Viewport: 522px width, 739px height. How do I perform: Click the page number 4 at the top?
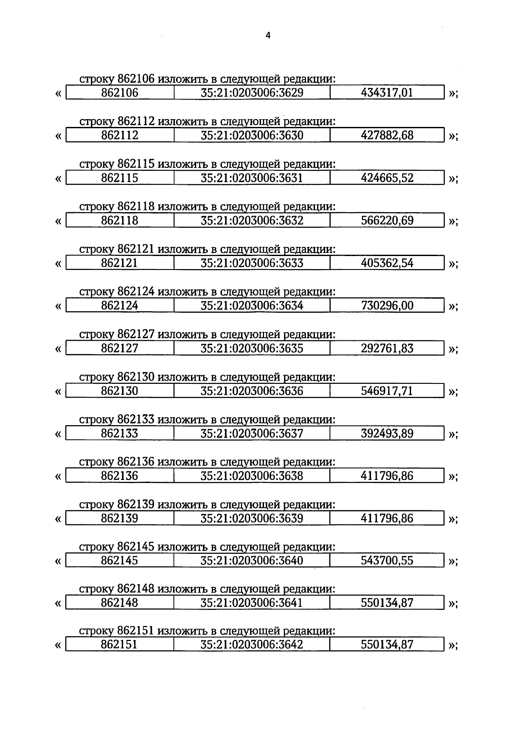[268, 36]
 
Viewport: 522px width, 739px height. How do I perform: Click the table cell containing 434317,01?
[387, 93]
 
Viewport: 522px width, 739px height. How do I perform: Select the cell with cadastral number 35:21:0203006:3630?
[252, 135]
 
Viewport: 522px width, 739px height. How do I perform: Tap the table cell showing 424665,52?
[387, 178]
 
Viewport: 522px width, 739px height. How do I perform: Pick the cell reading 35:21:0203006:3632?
[252, 220]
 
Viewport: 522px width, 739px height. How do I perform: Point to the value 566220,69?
[387, 220]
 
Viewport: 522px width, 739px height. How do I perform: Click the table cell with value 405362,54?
[387, 263]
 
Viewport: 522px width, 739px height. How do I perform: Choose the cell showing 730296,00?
[387, 306]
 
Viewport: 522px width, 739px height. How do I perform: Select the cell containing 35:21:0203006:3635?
[252, 348]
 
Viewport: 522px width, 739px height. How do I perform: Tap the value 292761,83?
[387, 348]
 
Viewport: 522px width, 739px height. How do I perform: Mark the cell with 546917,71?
[387, 391]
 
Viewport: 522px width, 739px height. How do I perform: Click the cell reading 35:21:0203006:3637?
[252, 433]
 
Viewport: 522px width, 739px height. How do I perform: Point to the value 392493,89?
[387, 433]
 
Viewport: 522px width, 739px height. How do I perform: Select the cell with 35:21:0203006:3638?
[252, 476]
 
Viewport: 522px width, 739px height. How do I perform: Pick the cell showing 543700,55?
[387, 560]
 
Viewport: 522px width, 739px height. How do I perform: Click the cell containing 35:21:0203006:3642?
[252, 645]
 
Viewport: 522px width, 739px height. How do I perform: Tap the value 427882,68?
[387, 135]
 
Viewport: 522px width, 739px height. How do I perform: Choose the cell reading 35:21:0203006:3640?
[252, 560]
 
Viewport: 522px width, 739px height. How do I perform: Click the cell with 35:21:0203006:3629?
[252, 93]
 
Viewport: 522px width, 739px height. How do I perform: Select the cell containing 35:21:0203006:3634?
[252, 306]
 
